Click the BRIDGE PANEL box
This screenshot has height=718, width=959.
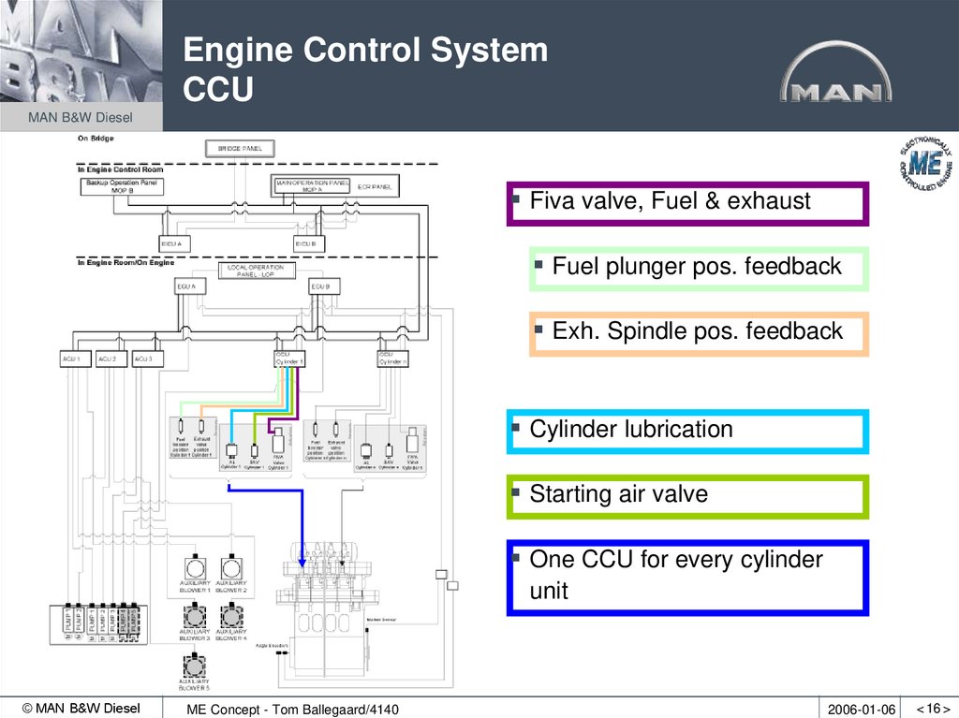pyautogui.click(x=240, y=148)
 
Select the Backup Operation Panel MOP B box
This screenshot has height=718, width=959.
pyautogui.click(x=122, y=185)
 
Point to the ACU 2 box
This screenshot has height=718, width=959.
pyautogui.click(x=109, y=359)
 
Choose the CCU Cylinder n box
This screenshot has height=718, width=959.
pyautogui.click(x=391, y=359)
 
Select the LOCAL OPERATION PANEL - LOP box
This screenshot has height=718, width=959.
pyautogui.click(x=256, y=271)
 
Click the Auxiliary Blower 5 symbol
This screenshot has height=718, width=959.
pyautogui.click(x=195, y=665)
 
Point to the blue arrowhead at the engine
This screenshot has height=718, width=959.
pyautogui.click(x=302, y=562)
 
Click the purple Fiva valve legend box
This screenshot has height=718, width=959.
pyautogui.click(x=687, y=203)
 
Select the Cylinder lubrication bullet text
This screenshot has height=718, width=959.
pyautogui.click(x=630, y=430)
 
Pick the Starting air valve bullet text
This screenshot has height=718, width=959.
pyautogui.click(x=618, y=494)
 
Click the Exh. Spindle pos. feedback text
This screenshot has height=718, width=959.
pyautogui.click(x=697, y=331)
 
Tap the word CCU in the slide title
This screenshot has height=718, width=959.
pyautogui.click(x=217, y=90)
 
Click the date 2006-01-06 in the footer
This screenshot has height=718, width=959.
pyautogui.click(x=862, y=710)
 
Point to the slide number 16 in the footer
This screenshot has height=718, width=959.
pyautogui.click(x=933, y=709)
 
